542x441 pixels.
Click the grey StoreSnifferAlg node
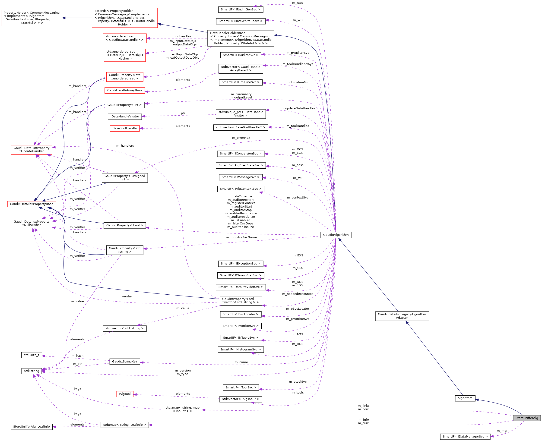[526, 418]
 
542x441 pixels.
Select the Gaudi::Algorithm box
[336, 235]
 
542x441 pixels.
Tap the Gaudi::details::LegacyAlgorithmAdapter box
[402, 316]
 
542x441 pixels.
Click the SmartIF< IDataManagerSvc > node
[465, 436]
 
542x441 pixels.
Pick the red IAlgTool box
[124, 394]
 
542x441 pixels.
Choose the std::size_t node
[32, 355]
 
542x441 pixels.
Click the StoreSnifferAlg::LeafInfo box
[32, 426]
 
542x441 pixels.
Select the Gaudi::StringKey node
[124, 361]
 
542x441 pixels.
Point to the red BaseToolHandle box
[124, 128]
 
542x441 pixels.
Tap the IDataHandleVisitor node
[124, 116]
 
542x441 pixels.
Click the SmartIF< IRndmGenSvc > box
[240, 9]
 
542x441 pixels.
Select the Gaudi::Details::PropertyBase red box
[32, 204]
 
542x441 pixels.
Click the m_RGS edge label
[298, 3]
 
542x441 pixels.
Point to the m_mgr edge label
[502, 431]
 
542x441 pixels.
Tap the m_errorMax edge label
[241, 138]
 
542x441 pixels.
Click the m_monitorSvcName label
[241, 237]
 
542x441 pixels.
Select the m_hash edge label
[77, 356]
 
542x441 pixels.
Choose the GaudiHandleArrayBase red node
[124, 90]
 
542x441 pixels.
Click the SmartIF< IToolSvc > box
[240, 387]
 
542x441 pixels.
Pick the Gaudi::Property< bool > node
[124, 225]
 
